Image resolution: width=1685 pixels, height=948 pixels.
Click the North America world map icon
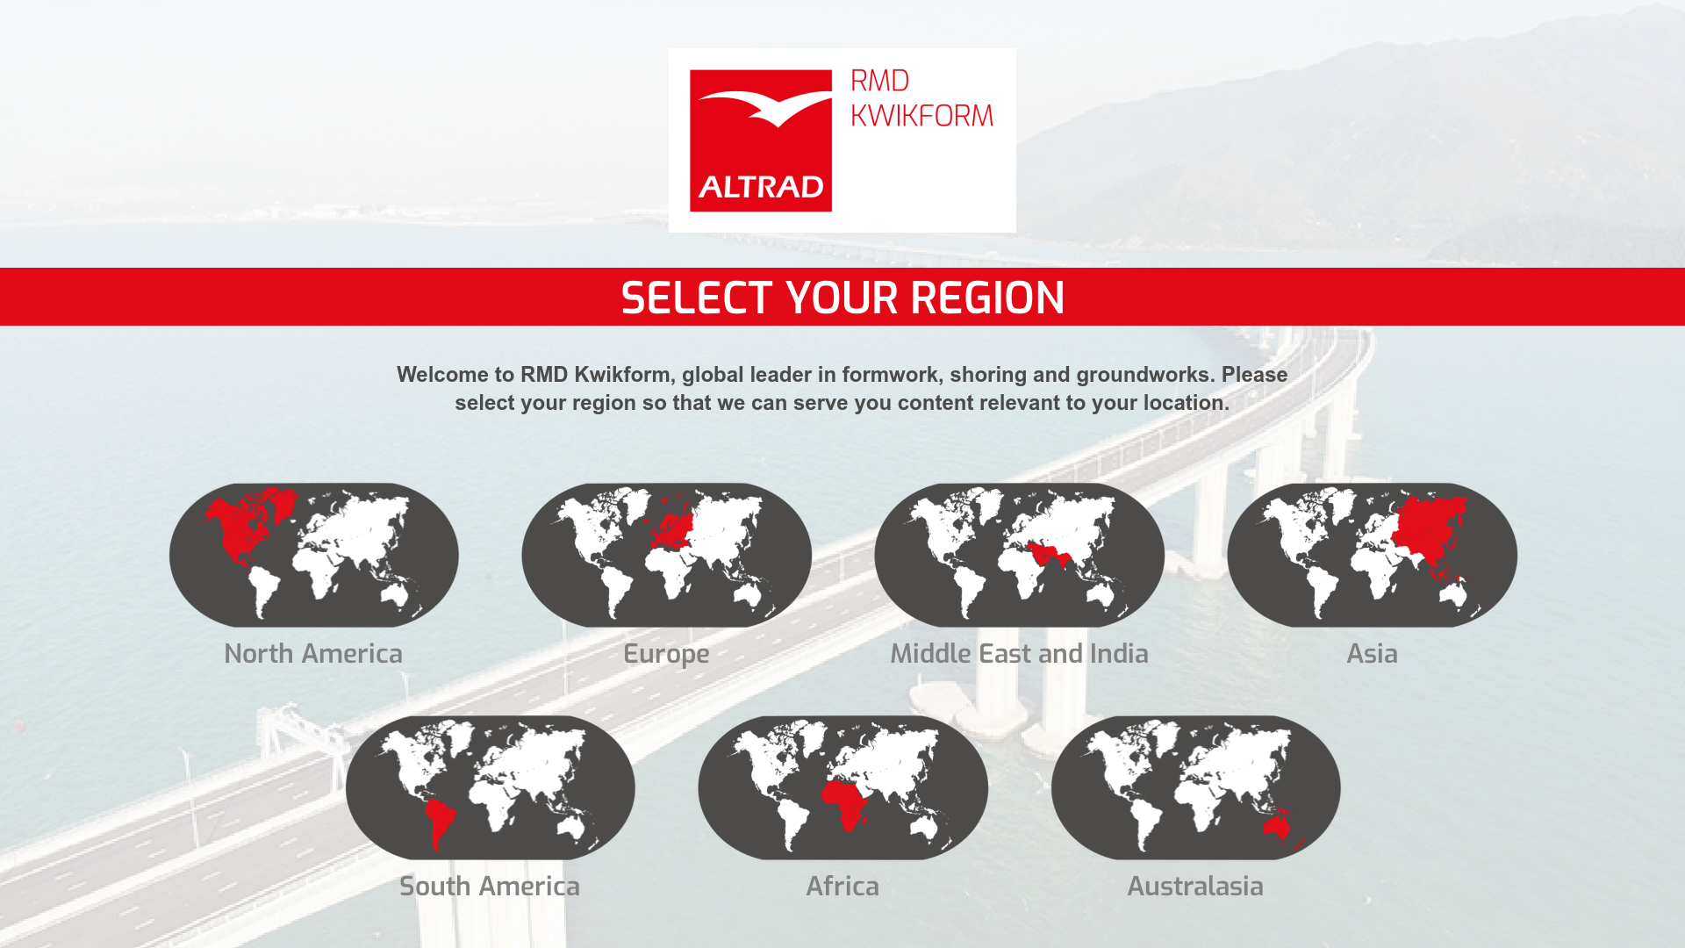(x=314, y=555)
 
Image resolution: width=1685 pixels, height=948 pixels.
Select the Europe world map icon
(x=667, y=555)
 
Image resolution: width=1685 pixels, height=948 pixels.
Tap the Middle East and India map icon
(x=1020, y=555)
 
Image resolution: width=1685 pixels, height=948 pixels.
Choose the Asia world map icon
(x=1373, y=555)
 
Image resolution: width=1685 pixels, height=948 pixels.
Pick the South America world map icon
(x=491, y=787)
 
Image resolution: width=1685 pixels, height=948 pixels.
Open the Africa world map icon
(x=843, y=787)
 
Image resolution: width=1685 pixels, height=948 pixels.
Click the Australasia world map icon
(x=1196, y=787)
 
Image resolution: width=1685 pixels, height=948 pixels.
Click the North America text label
(x=313, y=654)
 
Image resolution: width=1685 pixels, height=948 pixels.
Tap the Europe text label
(x=666, y=655)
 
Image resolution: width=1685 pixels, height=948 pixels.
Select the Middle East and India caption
(x=1020, y=654)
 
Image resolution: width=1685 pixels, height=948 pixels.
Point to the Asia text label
(x=1373, y=654)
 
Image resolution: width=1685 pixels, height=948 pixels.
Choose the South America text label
(x=490, y=887)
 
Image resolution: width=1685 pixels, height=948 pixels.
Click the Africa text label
(x=842, y=887)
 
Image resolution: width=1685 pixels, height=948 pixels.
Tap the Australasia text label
(x=1195, y=887)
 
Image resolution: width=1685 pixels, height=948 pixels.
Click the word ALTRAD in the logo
(x=761, y=187)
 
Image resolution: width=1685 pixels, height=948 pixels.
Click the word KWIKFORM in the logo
(x=922, y=116)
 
